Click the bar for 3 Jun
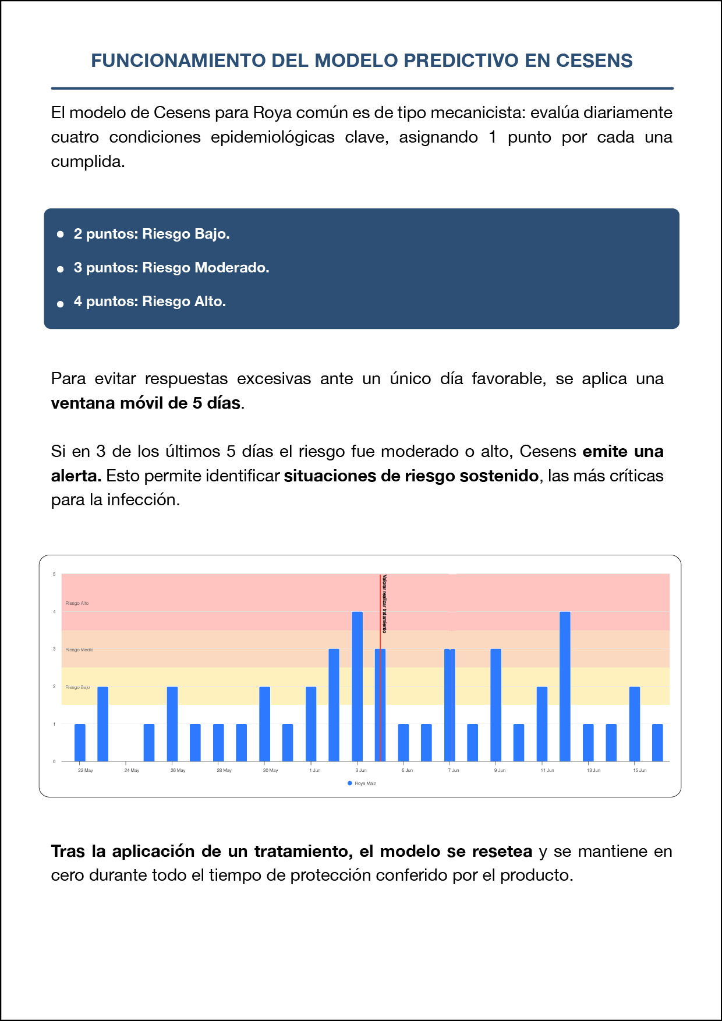[x=357, y=687]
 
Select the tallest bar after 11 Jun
[x=565, y=687]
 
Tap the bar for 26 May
[x=172, y=724]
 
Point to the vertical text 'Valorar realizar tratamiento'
[x=385, y=604]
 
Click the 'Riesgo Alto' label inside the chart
[x=77, y=603]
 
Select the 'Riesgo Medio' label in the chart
[x=79, y=650]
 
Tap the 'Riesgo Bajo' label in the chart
[x=77, y=687]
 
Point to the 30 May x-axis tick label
[x=270, y=771]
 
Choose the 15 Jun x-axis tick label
[x=639, y=771]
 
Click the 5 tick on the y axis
[x=55, y=575]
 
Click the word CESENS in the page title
[x=594, y=61]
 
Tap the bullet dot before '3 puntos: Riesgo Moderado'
[x=60, y=269]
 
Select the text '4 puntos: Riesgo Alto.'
[x=150, y=302]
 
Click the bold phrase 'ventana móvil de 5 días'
[x=146, y=403]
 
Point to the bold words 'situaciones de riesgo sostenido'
[x=411, y=476]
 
